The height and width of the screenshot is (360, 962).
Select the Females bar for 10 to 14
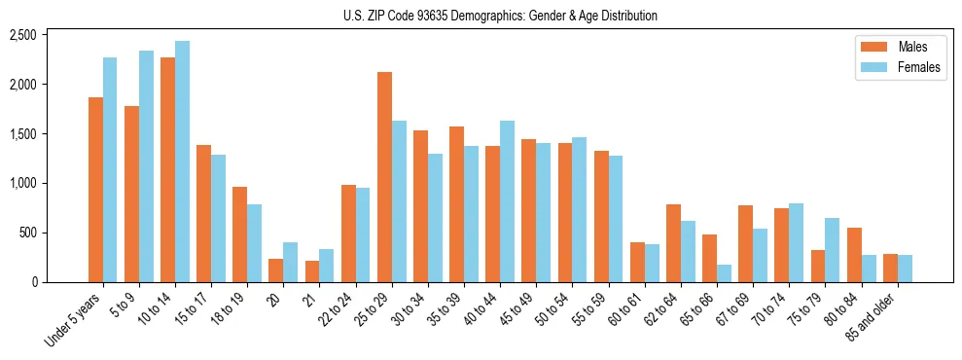coord(183,162)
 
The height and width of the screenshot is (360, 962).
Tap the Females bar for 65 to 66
coord(725,273)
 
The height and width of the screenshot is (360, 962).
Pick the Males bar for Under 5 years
coord(95,190)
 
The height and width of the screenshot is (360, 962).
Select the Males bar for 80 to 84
coord(854,255)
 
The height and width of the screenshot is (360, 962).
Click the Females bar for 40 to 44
coord(508,201)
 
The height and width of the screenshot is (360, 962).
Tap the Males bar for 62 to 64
coord(673,243)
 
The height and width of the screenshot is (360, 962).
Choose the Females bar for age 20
coord(291,263)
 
